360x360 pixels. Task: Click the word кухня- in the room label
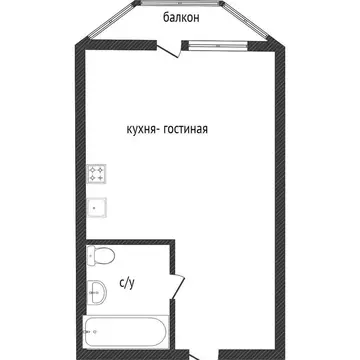(x=145, y=129)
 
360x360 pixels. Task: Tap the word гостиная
(x=193, y=129)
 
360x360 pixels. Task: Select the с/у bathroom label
(x=128, y=283)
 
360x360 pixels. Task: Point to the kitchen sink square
(x=98, y=208)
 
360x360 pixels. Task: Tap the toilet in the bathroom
(x=100, y=257)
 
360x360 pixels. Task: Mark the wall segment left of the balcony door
(x=116, y=43)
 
